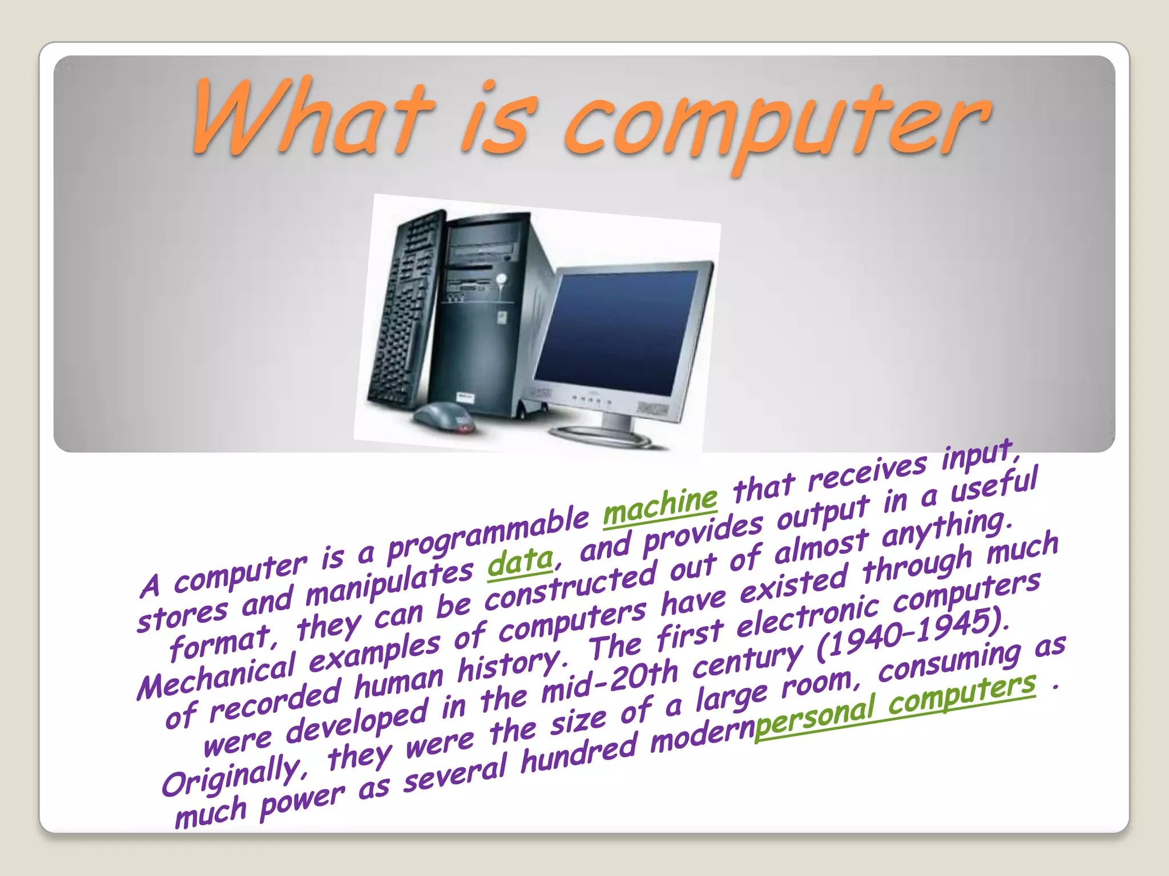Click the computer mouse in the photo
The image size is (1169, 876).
[x=445, y=416]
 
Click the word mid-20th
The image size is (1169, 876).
[x=608, y=681]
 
